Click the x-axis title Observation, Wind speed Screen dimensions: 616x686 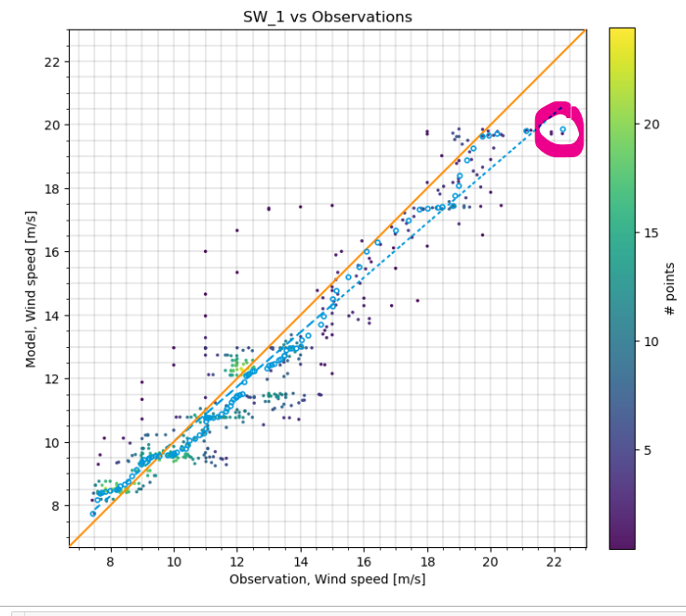(327, 579)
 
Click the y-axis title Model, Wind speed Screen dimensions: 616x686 (31, 289)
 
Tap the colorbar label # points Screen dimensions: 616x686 (670, 289)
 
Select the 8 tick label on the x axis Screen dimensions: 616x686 (110, 561)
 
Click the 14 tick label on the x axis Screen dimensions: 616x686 (301, 561)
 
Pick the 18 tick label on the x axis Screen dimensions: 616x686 (427, 561)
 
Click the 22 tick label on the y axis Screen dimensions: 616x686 (52, 62)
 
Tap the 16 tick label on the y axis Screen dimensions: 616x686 (52, 252)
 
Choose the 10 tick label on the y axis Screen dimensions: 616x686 (52, 443)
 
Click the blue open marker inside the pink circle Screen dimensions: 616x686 (562, 130)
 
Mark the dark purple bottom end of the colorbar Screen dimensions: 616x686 (623, 543)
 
